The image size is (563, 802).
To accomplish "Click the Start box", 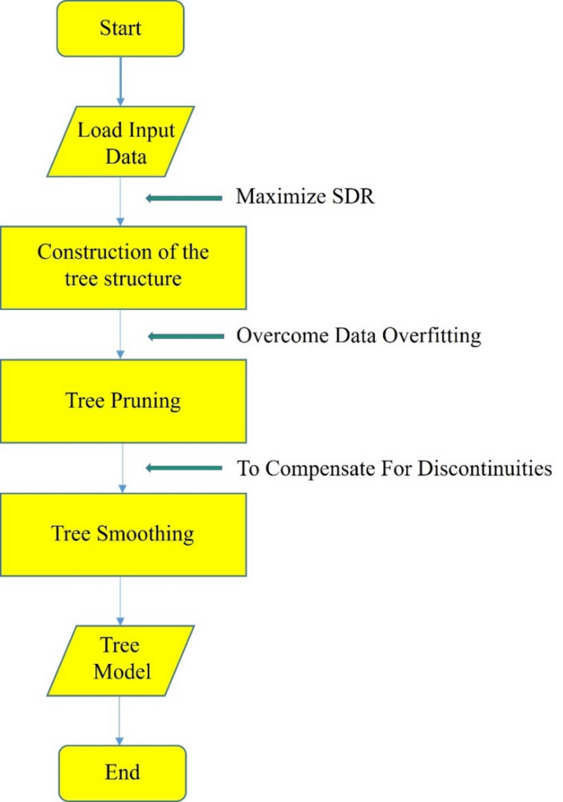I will (x=121, y=30).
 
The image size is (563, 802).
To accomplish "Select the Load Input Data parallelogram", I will (x=121, y=141).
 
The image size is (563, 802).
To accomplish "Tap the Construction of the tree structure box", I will (x=122, y=266).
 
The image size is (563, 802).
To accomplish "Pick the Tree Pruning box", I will (x=122, y=402).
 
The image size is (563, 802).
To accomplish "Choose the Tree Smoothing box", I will (x=122, y=534).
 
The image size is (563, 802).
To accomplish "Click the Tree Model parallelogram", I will (x=121, y=660).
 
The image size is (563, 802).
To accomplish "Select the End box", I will (x=122, y=772).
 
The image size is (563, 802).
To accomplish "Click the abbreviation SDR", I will (x=355, y=197).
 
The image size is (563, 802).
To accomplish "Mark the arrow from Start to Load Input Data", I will (x=121, y=80).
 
